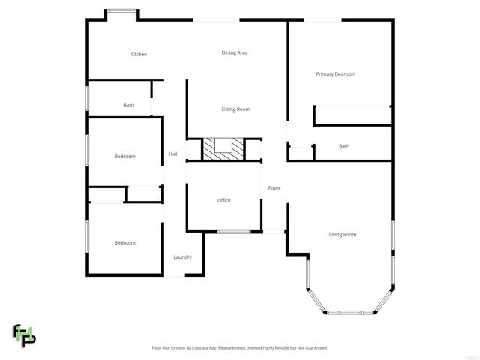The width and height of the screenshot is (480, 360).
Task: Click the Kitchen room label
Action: coord(138,54)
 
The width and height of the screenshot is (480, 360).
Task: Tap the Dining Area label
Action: coord(235,52)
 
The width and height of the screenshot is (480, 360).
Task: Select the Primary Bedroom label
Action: coord(335,74)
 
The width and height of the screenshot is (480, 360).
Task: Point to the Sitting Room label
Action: coord(235,109)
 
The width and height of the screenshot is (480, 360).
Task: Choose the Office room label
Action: coord(223,200)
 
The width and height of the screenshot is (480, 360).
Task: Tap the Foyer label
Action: coord(274,188)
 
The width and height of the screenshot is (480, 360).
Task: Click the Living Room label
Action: coord(343,235)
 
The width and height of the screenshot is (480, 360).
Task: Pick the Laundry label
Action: coord(182,257)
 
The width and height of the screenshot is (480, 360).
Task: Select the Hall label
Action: coord(172,154)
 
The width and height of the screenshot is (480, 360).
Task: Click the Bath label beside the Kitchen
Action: coord(128,105)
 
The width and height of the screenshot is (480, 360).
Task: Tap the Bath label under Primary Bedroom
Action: coord(344,146)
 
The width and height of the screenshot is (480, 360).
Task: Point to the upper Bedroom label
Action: coord(124,156)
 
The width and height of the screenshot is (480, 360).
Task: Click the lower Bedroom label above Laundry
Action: coord(124,242)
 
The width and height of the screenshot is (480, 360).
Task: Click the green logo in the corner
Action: coord(23,335)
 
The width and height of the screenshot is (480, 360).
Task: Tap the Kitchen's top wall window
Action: coord(121,10)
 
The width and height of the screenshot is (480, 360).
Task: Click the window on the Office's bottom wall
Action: coord(234,232)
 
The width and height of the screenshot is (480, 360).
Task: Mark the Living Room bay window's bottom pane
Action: coord(349,312)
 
